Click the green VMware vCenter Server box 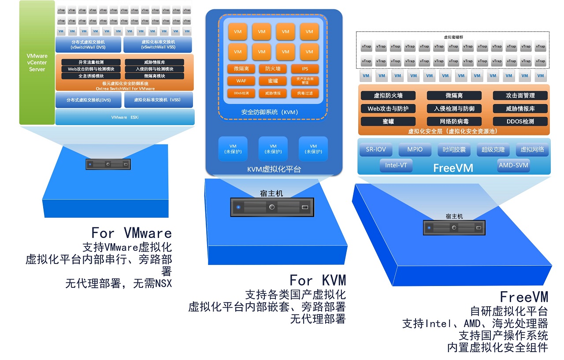[37, 63]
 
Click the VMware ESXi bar [125, 117]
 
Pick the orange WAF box [241, 81]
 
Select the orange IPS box [305, 69]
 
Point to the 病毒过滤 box [305, 93]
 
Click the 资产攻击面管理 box [305, 81]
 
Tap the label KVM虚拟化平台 [274, 169]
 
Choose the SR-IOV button [376, 150]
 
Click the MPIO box [415, 150]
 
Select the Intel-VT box [396, 166]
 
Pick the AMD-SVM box [513, 166]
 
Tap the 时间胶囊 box [454, 150]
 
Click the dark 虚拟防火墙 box [388, 96]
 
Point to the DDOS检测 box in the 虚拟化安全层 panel [520, 122]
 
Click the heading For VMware [131, 232]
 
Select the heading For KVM [317, 280]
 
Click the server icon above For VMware [108, 164]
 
